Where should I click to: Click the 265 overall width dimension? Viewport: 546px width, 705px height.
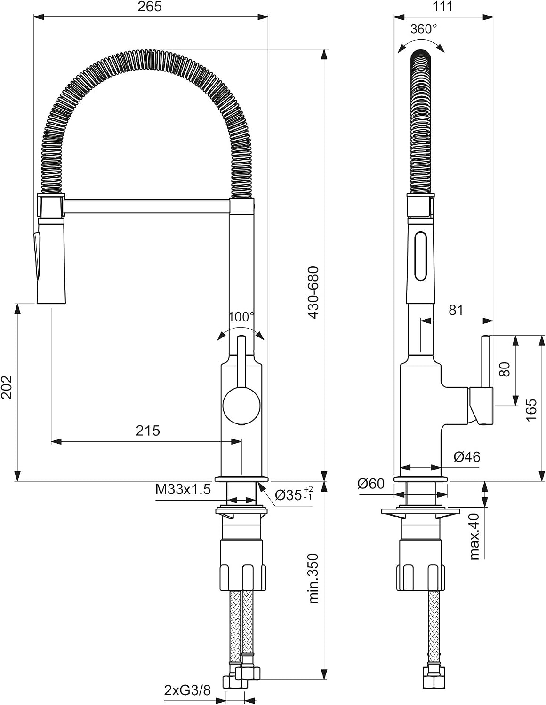[x=149, y=7]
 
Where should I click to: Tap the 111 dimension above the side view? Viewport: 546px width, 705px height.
[x=442, y=7]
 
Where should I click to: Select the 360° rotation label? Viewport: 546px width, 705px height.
[x=423, y=29]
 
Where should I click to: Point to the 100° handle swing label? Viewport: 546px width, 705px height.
[x=241, y=317]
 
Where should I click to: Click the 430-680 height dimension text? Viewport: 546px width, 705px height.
[x=313, y=293]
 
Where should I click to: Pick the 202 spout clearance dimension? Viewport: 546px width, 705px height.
[x=7, y=387]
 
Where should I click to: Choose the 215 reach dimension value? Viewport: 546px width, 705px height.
[x=148, y=431]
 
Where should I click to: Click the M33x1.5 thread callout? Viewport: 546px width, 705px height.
[x=183, y=489]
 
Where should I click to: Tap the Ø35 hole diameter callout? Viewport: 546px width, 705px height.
[x=293, y=494]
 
